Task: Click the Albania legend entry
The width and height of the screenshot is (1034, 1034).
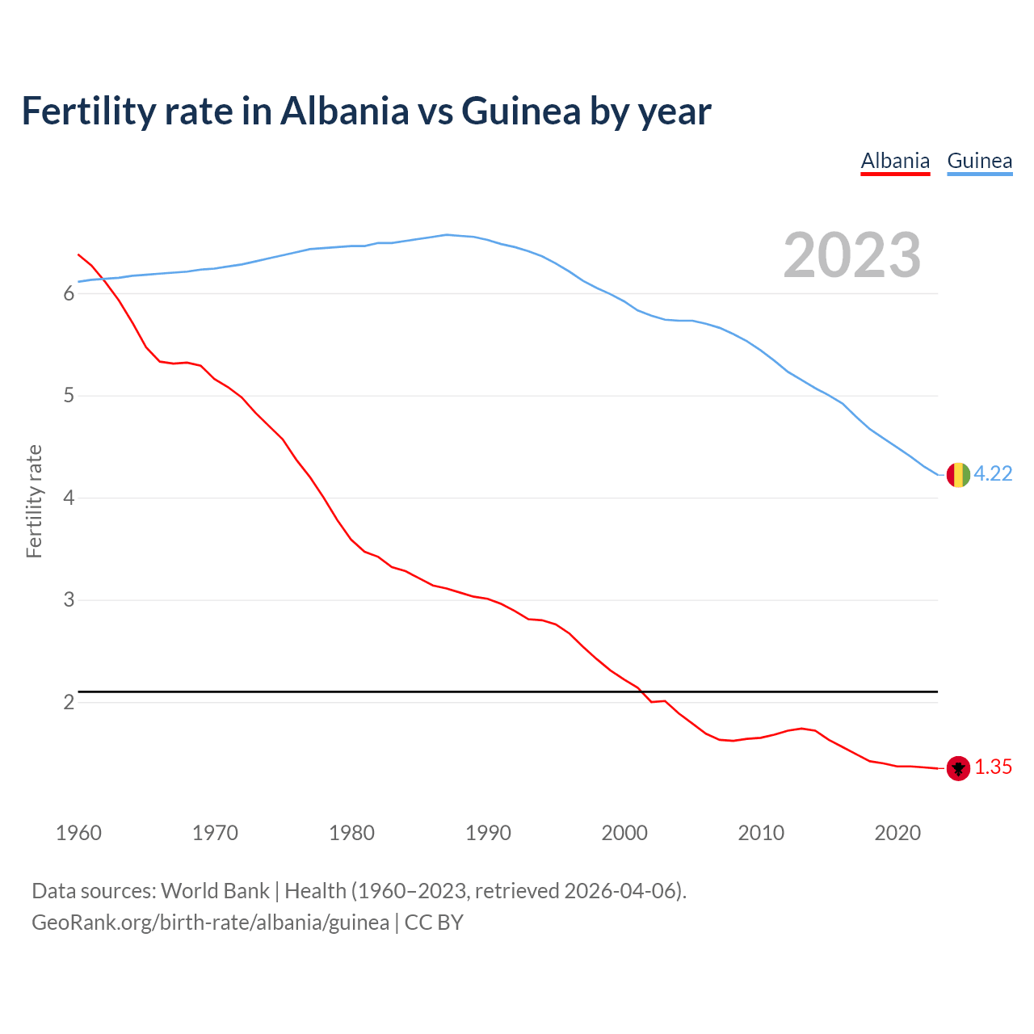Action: click(x=895, y=161)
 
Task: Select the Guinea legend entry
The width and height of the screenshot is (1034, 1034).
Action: click(x=979, y=161)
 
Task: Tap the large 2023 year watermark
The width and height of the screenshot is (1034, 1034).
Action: click(x=852, y=255)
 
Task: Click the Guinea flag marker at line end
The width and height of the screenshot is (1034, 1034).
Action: click(x=958, y=475)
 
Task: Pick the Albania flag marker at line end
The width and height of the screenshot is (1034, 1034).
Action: click(x=958, y=768)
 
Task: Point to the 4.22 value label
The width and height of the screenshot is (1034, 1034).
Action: click(x=993, y=474)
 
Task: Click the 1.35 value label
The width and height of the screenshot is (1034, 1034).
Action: click(x=993, y=767)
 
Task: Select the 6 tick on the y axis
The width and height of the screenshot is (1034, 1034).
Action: click(x=69, y=294)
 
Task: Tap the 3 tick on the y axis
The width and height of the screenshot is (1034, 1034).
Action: click(x=69, y=600)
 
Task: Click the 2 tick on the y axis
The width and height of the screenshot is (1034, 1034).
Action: click(x=69, y=703)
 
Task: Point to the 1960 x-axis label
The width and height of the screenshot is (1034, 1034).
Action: click(x=78, y=833)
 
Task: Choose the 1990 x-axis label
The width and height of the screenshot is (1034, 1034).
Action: click(x=488, y=833)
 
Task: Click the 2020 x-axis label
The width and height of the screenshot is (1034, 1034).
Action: click(x=897, y=833)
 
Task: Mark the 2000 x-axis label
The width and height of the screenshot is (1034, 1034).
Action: click(x=624, y=833)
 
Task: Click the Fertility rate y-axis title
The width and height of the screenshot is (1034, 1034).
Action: click(x=34, y=501)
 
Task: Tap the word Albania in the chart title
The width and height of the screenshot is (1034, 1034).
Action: click(x=344, y=111)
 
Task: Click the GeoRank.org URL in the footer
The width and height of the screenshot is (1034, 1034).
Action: click(x=210, y=923)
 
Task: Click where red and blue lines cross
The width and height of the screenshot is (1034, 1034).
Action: click(x=99, y=280)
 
